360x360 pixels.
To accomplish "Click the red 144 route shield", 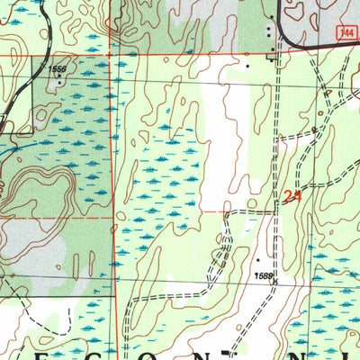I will [x=346, y=31].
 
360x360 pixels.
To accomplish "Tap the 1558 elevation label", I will [x=58, y=69].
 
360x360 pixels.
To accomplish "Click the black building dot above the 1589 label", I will [x=256, y=260].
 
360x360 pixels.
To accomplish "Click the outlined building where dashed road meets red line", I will [x=275, y=56].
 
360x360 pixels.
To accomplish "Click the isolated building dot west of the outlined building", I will [x=249, y=65].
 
